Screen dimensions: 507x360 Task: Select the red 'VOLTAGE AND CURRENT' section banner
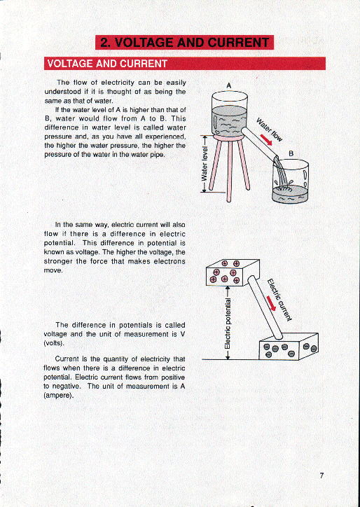[x=107, y=64]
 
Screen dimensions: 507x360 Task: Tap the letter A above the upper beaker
[x=229, y=86]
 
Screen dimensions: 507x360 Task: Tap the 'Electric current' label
[x=279, y=298]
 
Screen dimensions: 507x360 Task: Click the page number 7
[x=321, y=475]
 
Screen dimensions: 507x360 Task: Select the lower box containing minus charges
[x=289, y=347]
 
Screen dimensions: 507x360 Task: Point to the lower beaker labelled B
[x=290, y=182]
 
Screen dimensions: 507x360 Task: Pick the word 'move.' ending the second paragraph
[x=53, y=270]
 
